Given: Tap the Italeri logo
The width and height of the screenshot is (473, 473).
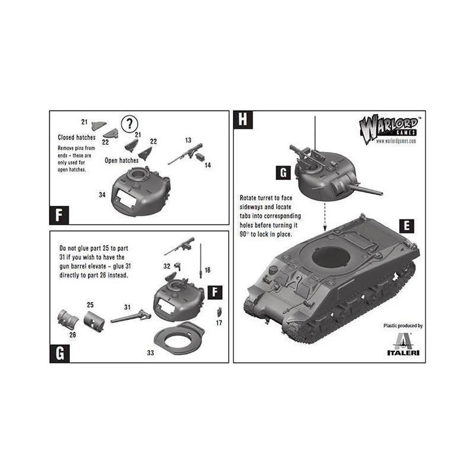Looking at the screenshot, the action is (x=403, y=344).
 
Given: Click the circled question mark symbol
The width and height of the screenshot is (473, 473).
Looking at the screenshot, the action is (x=129, y=124).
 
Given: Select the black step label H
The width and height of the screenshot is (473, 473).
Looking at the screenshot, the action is (x=243, y=119).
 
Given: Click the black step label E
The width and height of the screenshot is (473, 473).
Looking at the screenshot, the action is (x=407, y=226).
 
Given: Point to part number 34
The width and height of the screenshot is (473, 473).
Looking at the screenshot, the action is (x=102, y=195).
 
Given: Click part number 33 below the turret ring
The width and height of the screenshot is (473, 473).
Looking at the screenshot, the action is (x=150, y=352).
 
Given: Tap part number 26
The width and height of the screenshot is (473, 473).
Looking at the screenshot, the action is (x=73, y=335).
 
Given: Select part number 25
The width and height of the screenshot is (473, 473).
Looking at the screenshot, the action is (x=90, y=305).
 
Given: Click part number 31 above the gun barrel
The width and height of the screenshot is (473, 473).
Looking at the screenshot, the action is (x=127, y=307).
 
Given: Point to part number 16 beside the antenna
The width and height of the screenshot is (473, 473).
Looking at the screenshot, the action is (x=208, y=270).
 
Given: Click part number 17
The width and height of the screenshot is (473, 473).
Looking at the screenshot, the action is (x=219, y=323).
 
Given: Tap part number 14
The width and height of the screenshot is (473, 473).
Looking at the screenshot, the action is (x=208, y=165).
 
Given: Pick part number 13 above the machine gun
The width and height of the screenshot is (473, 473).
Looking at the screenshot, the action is (x=188, y=140).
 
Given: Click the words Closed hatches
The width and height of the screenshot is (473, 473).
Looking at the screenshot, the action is (x=77, y=137).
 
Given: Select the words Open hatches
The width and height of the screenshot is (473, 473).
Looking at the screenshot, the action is (x=122, y=160).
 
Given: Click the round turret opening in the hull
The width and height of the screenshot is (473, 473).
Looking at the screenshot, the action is (x=331, y=258).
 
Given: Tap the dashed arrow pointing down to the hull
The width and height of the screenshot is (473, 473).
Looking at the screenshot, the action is (x=325, y=217).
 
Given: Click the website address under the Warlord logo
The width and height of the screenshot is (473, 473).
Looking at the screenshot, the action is (x=396, y=141).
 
